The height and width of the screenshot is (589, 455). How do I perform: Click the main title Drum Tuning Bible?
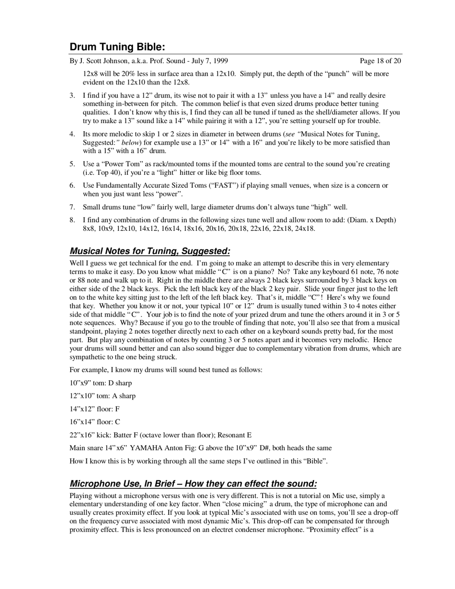(x=117, y=47)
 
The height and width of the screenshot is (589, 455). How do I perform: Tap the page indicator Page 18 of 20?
(x=381, y=61)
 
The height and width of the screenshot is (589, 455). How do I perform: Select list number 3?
(x=72, y=96)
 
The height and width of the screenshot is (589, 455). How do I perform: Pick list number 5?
(x=72, y=164)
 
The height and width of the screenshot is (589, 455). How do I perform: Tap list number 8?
(x=72, y=220)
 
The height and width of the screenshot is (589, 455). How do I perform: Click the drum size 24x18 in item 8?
(x=305, y=228)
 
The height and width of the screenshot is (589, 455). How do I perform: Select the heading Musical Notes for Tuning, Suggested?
(x=150, y=251)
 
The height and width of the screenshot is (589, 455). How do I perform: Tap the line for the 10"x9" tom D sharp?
(x=101, y=383)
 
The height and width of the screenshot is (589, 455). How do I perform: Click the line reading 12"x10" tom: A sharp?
(x=102, y=396)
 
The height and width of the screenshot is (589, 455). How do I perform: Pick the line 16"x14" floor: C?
(x=95, y=422)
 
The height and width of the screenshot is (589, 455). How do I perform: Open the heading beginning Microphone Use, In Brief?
(x=193, y=484)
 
